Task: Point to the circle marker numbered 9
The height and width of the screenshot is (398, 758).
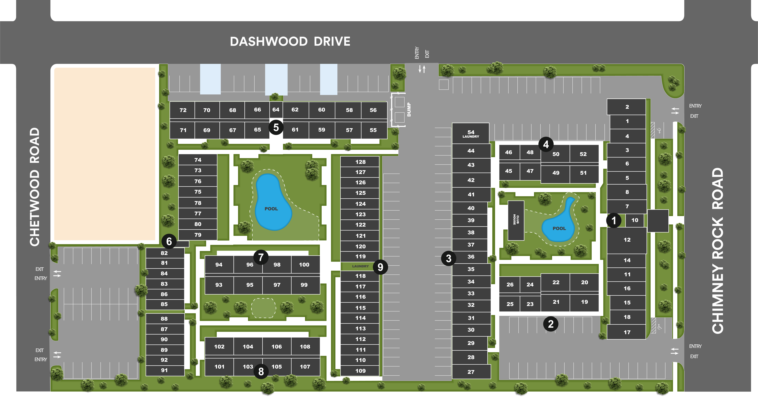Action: pyautogui.click(x=380, y=267)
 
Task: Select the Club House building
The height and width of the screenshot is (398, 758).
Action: pyautogui.click(x=516, y=220)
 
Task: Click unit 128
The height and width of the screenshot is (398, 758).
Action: pyautogui.click(x=360, y=162)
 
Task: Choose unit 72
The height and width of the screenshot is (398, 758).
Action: pyautogui.click(x=183, y=110)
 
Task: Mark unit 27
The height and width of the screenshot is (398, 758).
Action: pyautogui.click(x=471, y=372)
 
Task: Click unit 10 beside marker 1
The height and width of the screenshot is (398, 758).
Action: pyautogui.click(x=635, y=220)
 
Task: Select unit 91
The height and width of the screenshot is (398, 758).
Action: pyautogui.click(x=164, y=370)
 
